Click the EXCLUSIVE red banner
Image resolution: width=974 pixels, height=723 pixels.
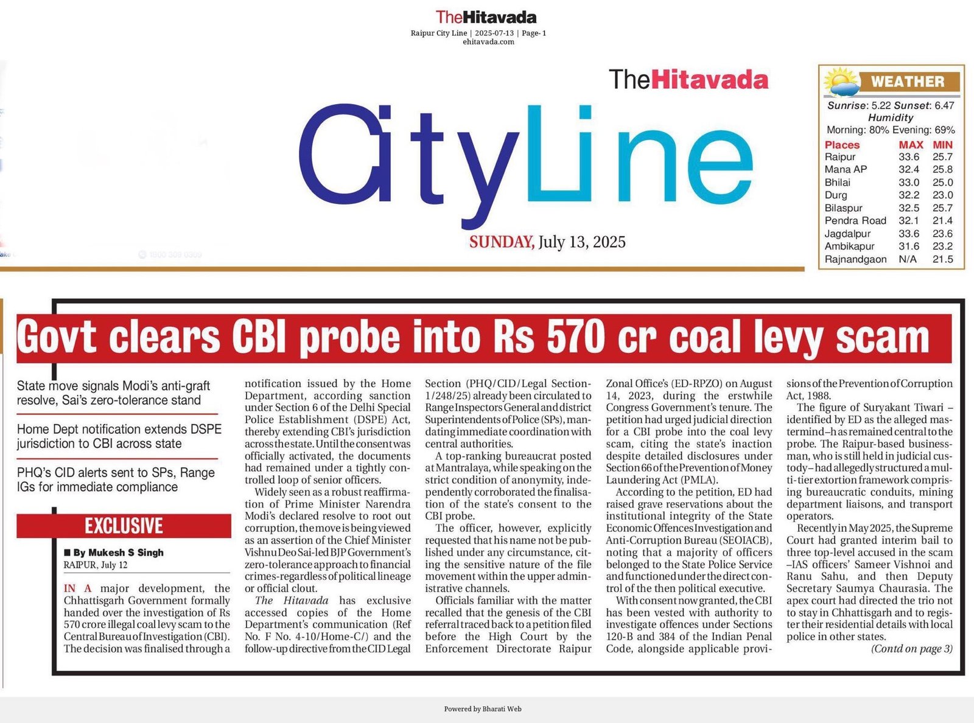124,526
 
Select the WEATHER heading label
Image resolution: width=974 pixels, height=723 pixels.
907,82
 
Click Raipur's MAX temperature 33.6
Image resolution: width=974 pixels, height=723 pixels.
909,157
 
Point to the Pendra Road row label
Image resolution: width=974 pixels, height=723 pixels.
855,221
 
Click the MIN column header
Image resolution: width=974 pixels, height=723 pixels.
942,145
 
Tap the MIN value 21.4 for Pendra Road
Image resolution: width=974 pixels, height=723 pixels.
942,221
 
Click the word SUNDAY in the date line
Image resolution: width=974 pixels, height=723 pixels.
502,242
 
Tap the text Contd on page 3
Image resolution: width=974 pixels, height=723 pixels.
911,649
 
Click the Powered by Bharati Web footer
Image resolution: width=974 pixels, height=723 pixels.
483,708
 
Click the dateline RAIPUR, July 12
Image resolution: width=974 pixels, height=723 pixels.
96,565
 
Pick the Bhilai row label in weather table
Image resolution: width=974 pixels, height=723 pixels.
838,183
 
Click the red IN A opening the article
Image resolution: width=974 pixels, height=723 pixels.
78,589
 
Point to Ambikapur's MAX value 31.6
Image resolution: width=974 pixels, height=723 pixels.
909,246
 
